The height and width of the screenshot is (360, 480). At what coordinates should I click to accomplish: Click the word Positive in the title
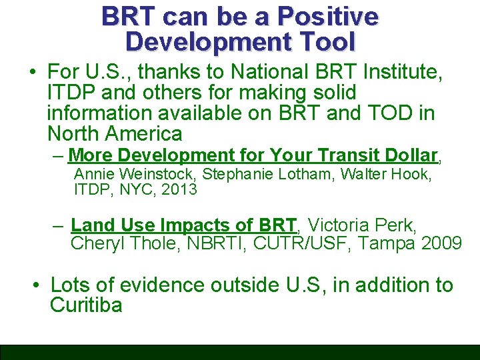327,16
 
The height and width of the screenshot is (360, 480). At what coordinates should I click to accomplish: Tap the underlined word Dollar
411,155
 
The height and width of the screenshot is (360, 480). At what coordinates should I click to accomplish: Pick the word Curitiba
86,305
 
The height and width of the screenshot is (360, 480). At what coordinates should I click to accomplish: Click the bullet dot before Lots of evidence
39,286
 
